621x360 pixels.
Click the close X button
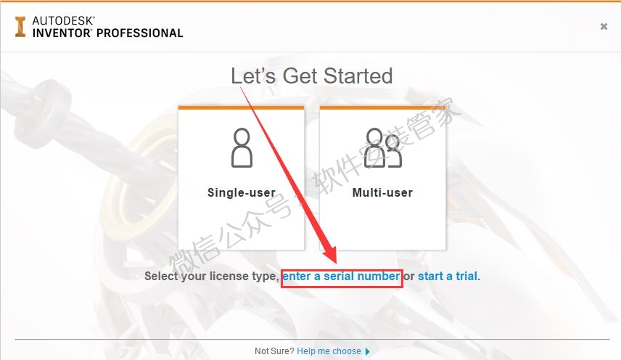click(x=604, y=27)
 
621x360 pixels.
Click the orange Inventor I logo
click(x=20, y=27)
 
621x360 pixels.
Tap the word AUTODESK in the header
click(x=63, y=20)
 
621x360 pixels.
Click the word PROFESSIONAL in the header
click(x=140, y=33)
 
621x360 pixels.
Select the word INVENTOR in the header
click(x=62, y=33)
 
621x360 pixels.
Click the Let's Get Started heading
click(x=312, y=75)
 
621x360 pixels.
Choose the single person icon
click(x=242, y=148)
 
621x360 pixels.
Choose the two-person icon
click(x=382, y=148)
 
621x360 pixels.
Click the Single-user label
click(x=242, y=192)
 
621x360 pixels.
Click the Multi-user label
click(x=382, y=192)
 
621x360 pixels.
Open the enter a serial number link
click(x=341, y=276)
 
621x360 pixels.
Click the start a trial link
click(x=448, y=276)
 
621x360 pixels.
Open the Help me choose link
click(x=329, y=351)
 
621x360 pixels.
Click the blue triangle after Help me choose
click(x=368, y=351)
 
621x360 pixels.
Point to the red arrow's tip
click(x=336, y=263)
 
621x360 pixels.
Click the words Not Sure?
click(x=274, y=351)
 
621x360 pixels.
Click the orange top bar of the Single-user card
click(x=241, y=107)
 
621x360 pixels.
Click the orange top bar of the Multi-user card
click(x=382, y=107)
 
